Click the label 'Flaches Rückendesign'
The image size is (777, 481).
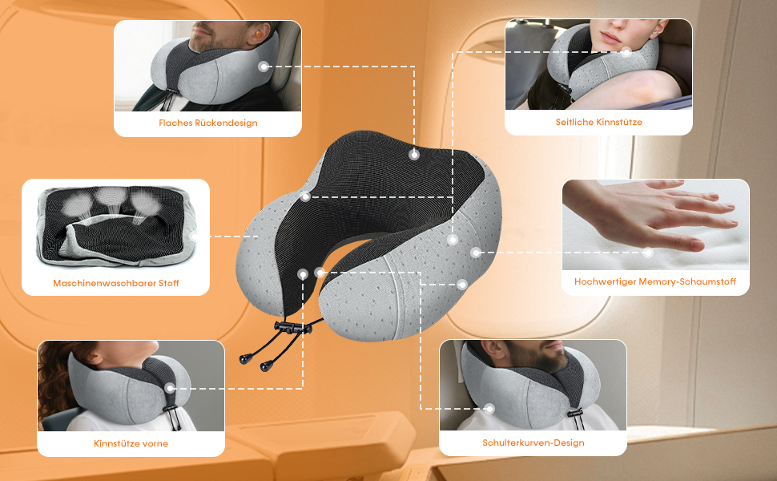point(208,123)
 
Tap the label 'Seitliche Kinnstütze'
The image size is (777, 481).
point(598,122)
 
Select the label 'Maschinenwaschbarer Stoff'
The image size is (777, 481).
point(116,283)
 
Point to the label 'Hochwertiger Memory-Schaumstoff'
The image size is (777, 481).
point(655,282)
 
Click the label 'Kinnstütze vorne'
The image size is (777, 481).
point(131,443)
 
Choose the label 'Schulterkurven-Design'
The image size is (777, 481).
point(533,443)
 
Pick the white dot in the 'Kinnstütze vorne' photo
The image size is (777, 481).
point(171,388)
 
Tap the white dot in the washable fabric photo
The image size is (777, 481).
point(195,236)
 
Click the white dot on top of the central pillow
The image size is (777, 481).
point(414,154)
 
